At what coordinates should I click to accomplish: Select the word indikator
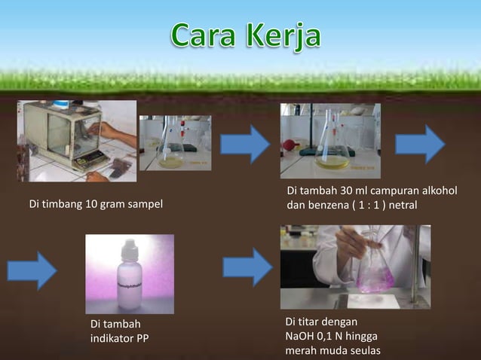[112, 337]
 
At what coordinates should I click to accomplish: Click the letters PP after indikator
[142, 337]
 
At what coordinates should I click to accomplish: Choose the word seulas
[365, 351]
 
